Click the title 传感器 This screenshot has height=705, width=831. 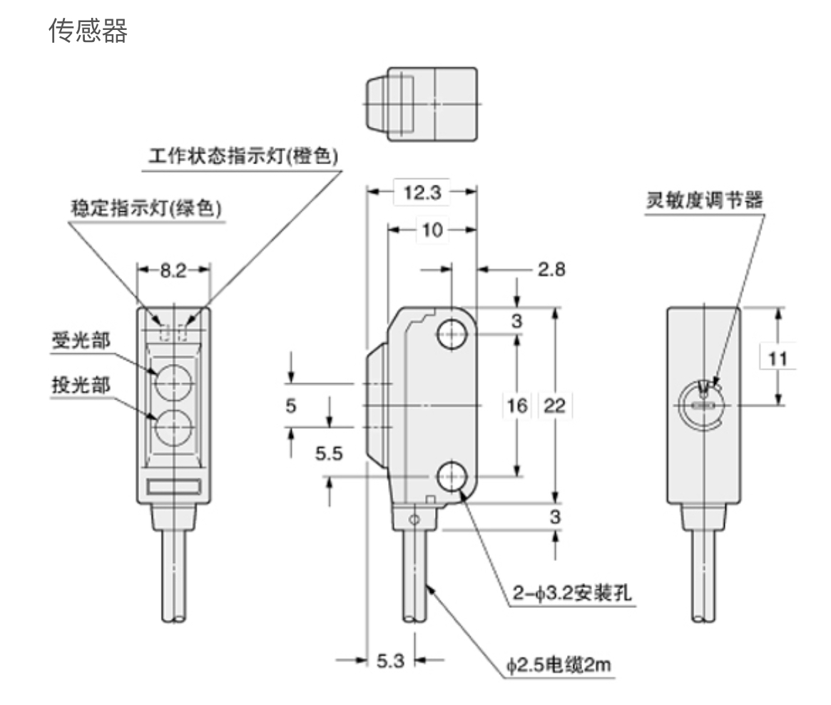point(88,31)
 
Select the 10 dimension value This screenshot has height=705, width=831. point(432,230)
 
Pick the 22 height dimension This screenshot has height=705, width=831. point(555,406)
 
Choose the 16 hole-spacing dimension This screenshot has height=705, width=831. point(518,406)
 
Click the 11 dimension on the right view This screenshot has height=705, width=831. point(779,357)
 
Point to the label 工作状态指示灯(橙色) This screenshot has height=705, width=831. point(243,156)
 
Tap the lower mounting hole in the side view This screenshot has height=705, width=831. point(452,476)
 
